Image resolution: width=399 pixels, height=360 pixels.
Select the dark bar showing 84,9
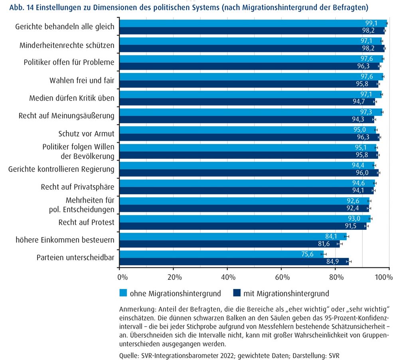click(x=234, y=262)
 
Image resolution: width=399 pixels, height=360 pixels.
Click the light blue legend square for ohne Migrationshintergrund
click(x=123, y=293)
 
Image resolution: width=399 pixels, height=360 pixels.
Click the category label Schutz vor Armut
click(x=86, y=134)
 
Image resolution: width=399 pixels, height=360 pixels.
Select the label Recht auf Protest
click(x=86, y=222)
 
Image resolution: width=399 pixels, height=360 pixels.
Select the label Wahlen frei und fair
click(x=82, y=81)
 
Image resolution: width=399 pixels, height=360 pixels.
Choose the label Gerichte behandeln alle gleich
click(x=65, y=27)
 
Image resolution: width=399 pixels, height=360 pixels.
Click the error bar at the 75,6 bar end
click(x=324, y=254)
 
